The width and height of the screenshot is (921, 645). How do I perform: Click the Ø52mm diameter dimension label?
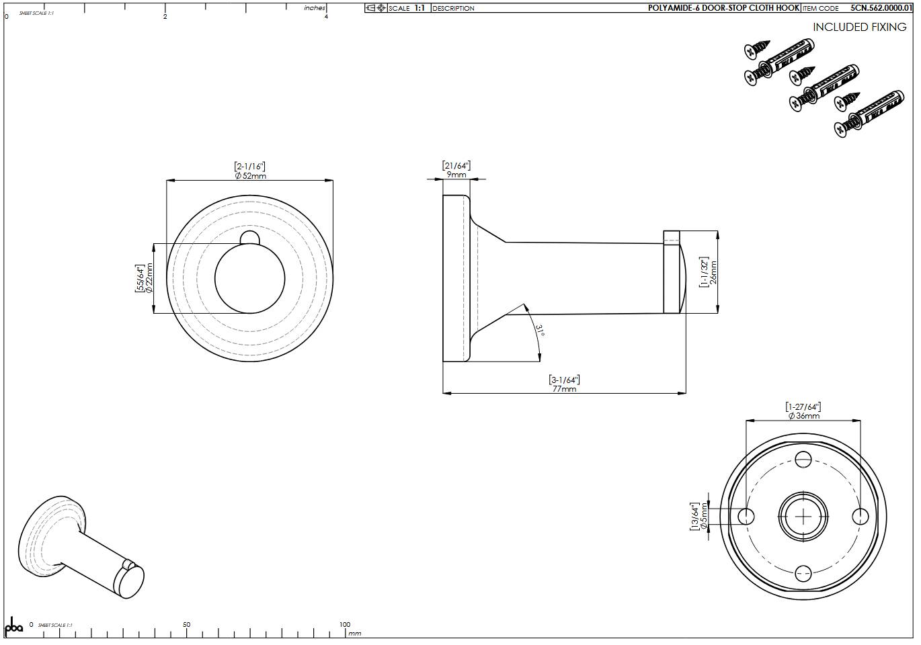pyautogui.click(x=250, y=176)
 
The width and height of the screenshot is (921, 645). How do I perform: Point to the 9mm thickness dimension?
pyautogui.click(x=456, y=175)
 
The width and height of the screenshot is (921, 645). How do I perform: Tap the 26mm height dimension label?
pyautogui.click(x=713, y=272)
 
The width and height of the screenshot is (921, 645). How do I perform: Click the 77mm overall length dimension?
pyautogui.click(x=564, y=389)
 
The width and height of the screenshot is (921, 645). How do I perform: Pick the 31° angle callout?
pyautogui.click(x=540, y=330)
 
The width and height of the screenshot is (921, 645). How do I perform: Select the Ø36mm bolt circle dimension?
pyautogui.click(x=803, y=416)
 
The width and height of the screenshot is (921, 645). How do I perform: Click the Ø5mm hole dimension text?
pyautogui.click(x=703, y=516)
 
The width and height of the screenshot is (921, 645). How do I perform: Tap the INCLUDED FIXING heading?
pyautogui.click(x=859, y=28)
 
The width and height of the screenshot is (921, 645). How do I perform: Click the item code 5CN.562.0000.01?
pyautogui.click(x=881, y=8)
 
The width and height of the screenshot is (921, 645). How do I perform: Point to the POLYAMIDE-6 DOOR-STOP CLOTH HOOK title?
pyautogui.click(x=723, y=8)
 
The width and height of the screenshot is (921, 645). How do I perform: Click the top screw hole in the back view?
pyautogui.click(x=803, y=460)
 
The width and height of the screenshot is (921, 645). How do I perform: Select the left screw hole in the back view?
pyautogui.click(x=746, y=516)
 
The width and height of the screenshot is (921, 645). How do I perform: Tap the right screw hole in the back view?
pyautogui.click(x=860, y=516)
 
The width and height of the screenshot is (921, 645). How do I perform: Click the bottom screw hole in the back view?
pyautogui.click(x=803, y=573)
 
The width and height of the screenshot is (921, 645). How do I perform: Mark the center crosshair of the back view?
pyautogui.click(x=803, y=516)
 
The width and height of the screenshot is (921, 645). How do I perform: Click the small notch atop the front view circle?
pyautogui.click(x=249, y=236)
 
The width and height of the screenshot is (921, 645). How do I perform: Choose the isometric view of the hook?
pyautogui.click(x=81, y=548)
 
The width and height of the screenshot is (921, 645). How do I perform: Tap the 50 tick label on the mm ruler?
pyautogui.click(x=186, y=624)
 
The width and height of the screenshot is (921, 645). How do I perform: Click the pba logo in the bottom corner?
pyautogui.click(x=13, y=626)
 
